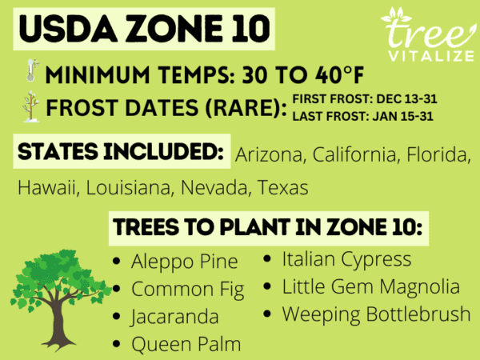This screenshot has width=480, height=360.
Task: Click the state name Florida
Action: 434,155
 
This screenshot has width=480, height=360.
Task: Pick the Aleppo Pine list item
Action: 185,262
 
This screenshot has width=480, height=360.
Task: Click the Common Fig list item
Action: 190,289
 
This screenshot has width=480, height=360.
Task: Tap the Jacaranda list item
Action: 175,316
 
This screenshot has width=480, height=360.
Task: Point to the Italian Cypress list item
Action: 346,259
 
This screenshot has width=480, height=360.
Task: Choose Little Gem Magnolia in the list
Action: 370,286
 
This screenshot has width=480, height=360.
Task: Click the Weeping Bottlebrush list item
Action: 376,314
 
